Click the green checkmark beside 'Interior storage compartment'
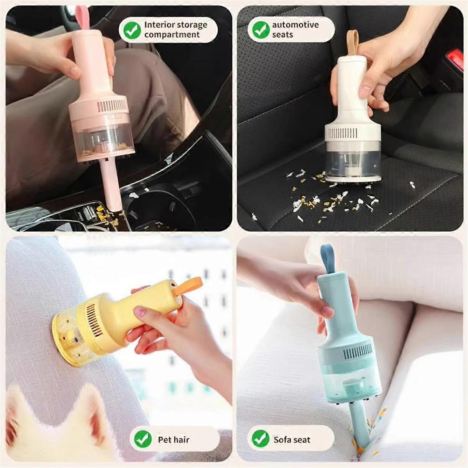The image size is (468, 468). (132, 30)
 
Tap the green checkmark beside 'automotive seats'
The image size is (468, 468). (261, 30)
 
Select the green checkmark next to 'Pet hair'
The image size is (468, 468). (143, 440)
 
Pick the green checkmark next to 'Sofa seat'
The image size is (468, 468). (260, 440)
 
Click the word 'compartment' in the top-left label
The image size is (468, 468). (172, 35)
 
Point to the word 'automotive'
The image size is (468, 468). (295, 25)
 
